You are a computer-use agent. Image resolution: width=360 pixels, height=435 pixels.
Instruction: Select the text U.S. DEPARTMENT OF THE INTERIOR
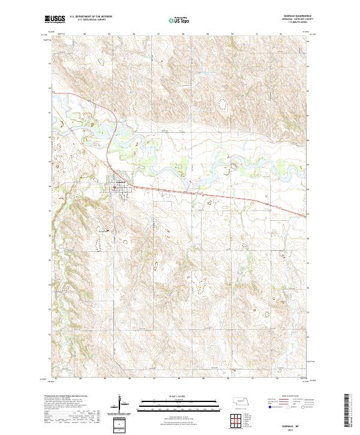pos(90,16)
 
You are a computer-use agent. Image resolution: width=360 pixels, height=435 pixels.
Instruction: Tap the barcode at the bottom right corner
pos(348,414)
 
